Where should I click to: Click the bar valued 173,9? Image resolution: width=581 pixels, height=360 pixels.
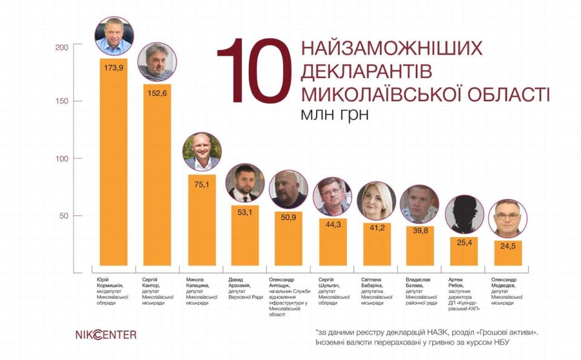click(113, 163)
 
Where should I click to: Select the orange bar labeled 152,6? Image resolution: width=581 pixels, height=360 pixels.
click(157, 175)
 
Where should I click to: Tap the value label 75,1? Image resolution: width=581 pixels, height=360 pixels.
click(202, 184)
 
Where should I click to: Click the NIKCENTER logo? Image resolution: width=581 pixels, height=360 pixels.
click(106, 334)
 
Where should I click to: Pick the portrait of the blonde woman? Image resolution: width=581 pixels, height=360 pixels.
click(376, 201)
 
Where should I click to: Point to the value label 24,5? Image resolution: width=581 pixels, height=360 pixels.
click(507, 247)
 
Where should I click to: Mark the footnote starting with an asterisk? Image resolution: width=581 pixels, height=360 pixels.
click(425, 337)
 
